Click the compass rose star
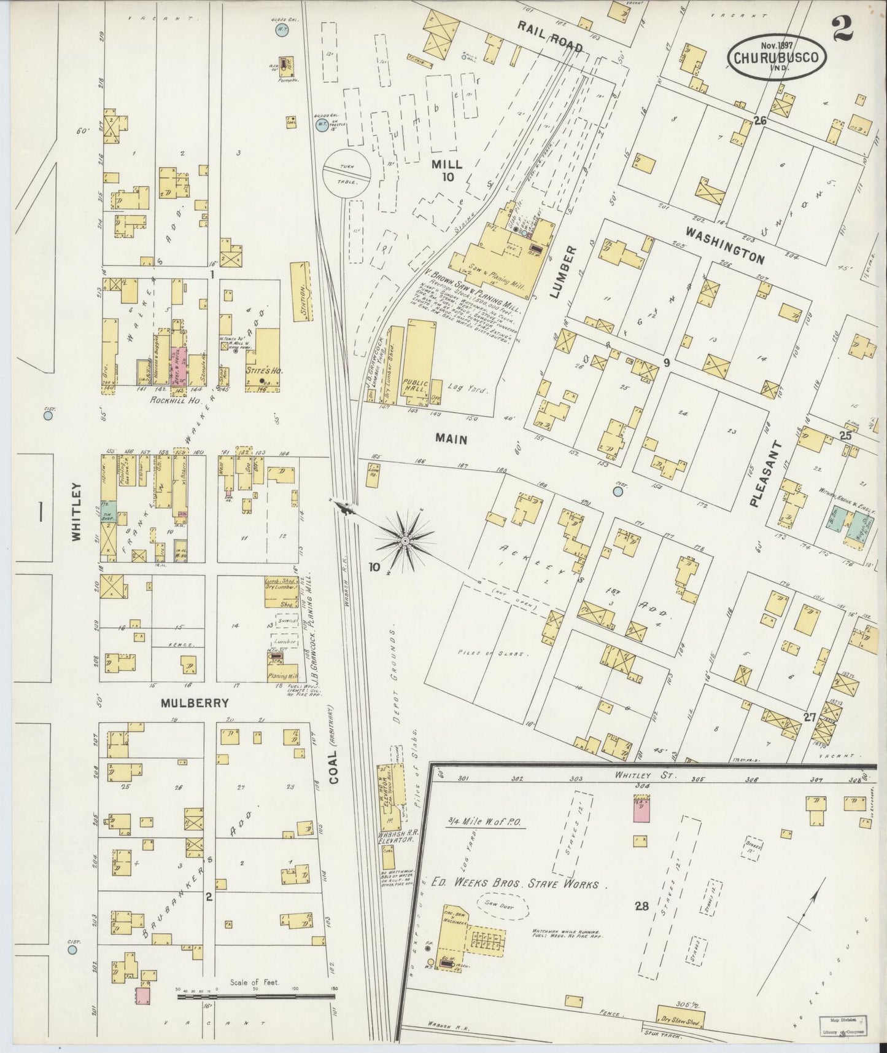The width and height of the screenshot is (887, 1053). click(405, 540)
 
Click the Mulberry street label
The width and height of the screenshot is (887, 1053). click(187, 703)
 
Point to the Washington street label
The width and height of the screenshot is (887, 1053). click(725, 245)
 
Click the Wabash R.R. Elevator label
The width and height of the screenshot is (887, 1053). click(393, 835)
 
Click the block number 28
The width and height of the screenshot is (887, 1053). click(641, 906)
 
